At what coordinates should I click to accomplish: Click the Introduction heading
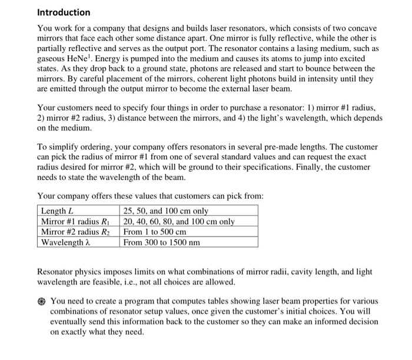tap(64, 12)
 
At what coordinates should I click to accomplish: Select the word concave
tap(360, 28)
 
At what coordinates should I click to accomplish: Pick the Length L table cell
tap(57, 211)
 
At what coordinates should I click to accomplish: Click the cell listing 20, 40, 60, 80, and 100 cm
tap(178, 222)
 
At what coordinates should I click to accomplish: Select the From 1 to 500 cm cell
tap(155, 232)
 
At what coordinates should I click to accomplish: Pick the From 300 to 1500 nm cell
tap(161, 242)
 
